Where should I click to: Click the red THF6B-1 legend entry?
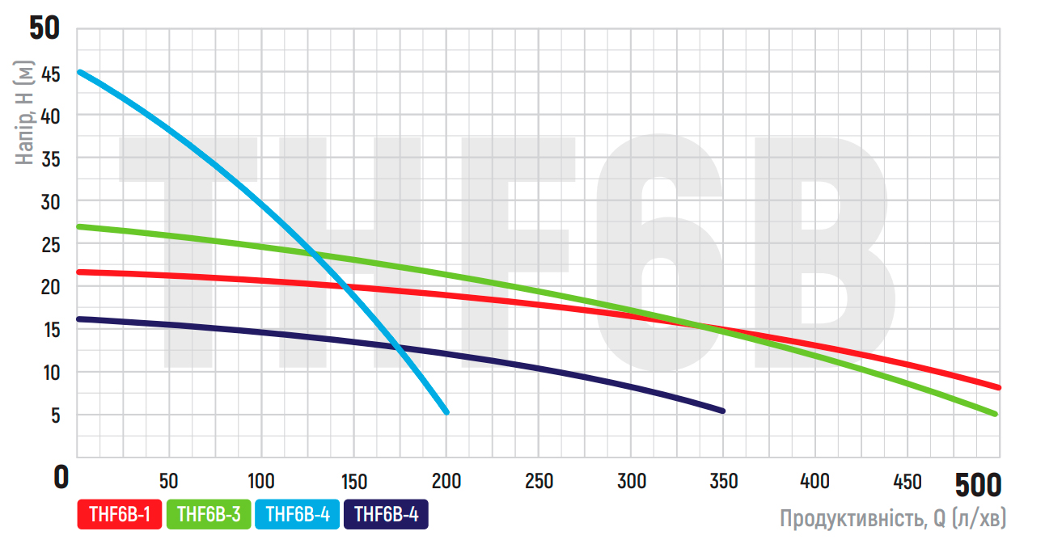point(120,515)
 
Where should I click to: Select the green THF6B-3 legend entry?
point(209,515)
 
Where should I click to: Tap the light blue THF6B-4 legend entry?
point(297,515)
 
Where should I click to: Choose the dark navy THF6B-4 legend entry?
point(386,515)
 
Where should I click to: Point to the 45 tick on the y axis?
point(50,74)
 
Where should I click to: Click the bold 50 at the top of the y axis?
point(44,29)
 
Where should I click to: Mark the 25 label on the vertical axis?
point(50,244)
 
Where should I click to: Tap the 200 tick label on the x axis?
point(446,481)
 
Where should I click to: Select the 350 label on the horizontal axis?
point(723,481)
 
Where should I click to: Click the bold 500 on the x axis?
point(977,485)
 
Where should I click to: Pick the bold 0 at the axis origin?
point(61,478)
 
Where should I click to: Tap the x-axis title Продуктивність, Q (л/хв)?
point(892,518)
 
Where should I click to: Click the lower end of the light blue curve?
point(446,411)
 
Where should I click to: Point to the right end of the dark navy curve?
point(722,411)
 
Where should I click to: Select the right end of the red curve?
point(999,387)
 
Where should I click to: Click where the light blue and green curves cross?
point(314,255)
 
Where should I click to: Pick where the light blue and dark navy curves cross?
point(396,348)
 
